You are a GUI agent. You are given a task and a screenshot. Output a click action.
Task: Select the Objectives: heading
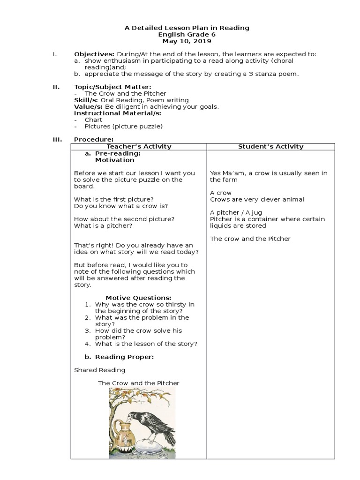(x=94, y=54)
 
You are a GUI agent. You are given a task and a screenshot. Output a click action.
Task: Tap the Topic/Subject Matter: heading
(x=112, y=87)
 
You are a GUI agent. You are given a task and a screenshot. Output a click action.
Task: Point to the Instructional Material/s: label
(x=118, y=113)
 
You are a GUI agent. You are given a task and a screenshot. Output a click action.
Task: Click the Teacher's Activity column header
(x=139, y=147)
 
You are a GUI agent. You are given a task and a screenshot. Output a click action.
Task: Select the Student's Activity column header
(x=270, y=147)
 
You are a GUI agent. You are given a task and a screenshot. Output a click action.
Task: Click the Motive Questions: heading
(x=138, y=298)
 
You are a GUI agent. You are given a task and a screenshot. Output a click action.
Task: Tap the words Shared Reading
(x=100, y=370)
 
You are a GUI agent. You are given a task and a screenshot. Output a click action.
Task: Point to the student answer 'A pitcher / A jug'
(x=236, y=212)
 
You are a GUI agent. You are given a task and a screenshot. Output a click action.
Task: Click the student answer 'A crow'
(x=221, y=193)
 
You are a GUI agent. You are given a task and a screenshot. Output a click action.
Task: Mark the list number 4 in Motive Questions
(x=87, y=344)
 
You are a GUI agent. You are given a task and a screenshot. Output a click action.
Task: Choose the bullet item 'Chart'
(x=93, y=120)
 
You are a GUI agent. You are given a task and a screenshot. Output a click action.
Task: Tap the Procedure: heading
(x=94, y=139)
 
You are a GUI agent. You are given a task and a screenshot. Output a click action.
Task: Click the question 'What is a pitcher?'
(x=103, y=225)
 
